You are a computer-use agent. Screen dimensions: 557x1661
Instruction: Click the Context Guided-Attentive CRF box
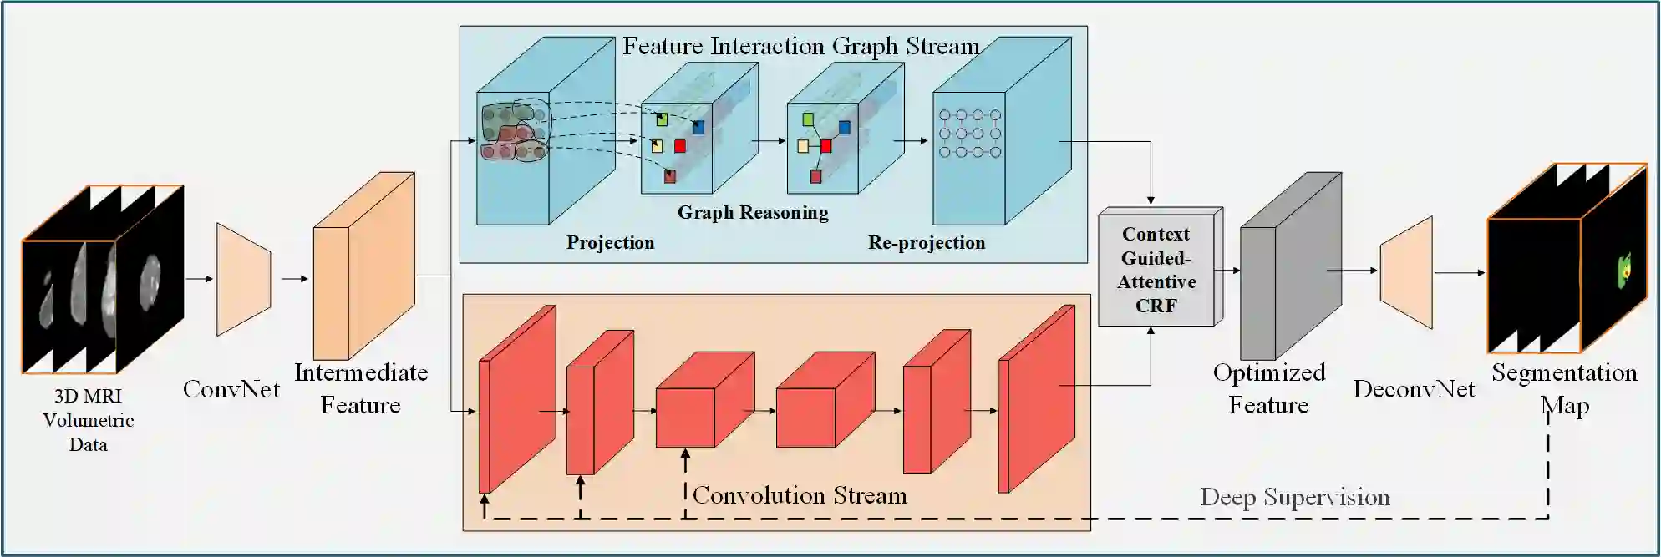[x=1156, y=269]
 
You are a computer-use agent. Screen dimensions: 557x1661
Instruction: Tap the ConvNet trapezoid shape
[x=243, y=279]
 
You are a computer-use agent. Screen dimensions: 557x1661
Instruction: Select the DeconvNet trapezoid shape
[x=1406, y=272]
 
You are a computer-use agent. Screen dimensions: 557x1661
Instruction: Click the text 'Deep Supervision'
[x=1294, y=498]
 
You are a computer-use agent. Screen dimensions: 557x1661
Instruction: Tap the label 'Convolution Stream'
[x=800, y=496]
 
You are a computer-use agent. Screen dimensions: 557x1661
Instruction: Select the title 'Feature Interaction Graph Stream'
[x=800, y=46]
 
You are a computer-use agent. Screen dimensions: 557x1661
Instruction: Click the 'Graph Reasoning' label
[x=753, y=213]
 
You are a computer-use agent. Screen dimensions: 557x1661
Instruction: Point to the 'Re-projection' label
[x=926, y=243]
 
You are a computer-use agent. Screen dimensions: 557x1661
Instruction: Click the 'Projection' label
[x=610, y=243]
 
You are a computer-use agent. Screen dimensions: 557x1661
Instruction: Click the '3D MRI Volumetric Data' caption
[x=88, y=420]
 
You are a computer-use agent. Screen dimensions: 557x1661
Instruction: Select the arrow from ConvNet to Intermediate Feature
[x=295, y=279]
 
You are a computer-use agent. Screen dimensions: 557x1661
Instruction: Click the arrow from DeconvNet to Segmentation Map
[x=1459, y=273]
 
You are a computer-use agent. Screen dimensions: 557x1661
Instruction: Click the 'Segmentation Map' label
[x=1564, y=388]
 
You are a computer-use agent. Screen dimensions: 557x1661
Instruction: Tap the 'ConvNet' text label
[x=231, y=389]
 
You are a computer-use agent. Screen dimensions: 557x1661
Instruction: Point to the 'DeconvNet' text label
[x=1414, y=389]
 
